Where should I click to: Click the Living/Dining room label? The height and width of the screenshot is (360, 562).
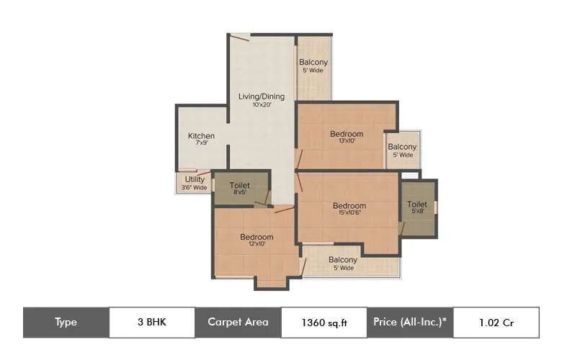[262, 96]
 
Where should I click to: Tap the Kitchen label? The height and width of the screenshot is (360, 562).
[201, 136]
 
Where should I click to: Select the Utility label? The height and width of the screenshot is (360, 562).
[195, 179]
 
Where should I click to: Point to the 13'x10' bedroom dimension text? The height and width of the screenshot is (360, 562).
[347, 141]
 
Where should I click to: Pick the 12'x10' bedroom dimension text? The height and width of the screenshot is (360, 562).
[256, 245]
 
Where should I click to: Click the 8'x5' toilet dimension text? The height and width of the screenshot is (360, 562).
[239, 193]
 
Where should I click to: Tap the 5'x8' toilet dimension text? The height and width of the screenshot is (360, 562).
[417, 212]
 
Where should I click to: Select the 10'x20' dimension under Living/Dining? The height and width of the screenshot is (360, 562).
[262, 105]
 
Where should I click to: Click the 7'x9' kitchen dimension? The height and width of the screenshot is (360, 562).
[201, 144]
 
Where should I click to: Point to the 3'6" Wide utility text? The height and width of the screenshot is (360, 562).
[195, 188]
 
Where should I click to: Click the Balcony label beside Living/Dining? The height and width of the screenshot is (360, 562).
[313, 62]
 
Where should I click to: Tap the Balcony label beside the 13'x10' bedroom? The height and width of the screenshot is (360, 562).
[402, 147]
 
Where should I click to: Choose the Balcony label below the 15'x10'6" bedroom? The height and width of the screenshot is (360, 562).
[343, 260]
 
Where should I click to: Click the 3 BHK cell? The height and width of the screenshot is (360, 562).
[151, 323]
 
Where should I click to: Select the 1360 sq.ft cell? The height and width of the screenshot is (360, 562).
[324, 323]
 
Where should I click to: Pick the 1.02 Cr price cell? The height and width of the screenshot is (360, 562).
[496, 323]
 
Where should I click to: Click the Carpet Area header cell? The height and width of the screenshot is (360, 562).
[238, 323]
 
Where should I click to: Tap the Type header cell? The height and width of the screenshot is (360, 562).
[66, 323]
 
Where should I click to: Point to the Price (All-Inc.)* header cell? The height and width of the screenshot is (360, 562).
[410, 323]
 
